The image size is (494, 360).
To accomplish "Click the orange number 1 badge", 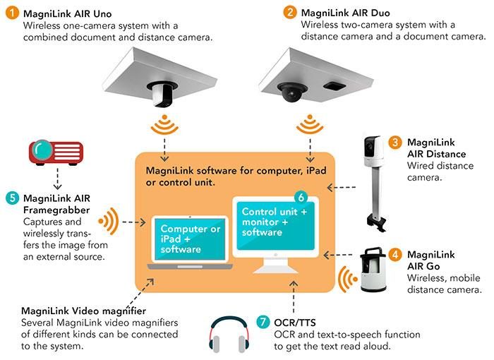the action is click(12, 13).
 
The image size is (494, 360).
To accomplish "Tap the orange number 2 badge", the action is click(290, 12).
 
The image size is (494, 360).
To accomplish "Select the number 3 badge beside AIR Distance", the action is click(394, 142).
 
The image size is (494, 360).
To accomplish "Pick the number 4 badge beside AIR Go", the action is click(395, 254).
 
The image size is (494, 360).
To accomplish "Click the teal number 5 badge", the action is click(12, 198).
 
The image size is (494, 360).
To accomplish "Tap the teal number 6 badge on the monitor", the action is click(301, 198).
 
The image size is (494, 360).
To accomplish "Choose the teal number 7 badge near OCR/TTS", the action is click(263, 322).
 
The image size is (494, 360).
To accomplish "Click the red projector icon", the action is click(56, 152).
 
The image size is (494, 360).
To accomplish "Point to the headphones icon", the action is click(229, 335).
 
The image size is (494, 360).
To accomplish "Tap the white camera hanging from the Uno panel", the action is click(161, 94).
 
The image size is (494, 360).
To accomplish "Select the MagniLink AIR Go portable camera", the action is click(373, 270).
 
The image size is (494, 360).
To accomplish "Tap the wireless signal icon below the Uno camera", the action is click(164, 125).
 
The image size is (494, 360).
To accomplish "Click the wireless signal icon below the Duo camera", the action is click(310, 124).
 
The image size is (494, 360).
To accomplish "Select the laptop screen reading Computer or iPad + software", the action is click(190, 239).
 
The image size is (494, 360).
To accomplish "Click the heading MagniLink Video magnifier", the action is click(84, 311).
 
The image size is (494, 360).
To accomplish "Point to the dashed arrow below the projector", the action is click(57, 179).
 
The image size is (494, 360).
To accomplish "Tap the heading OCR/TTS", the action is click(295, 323).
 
